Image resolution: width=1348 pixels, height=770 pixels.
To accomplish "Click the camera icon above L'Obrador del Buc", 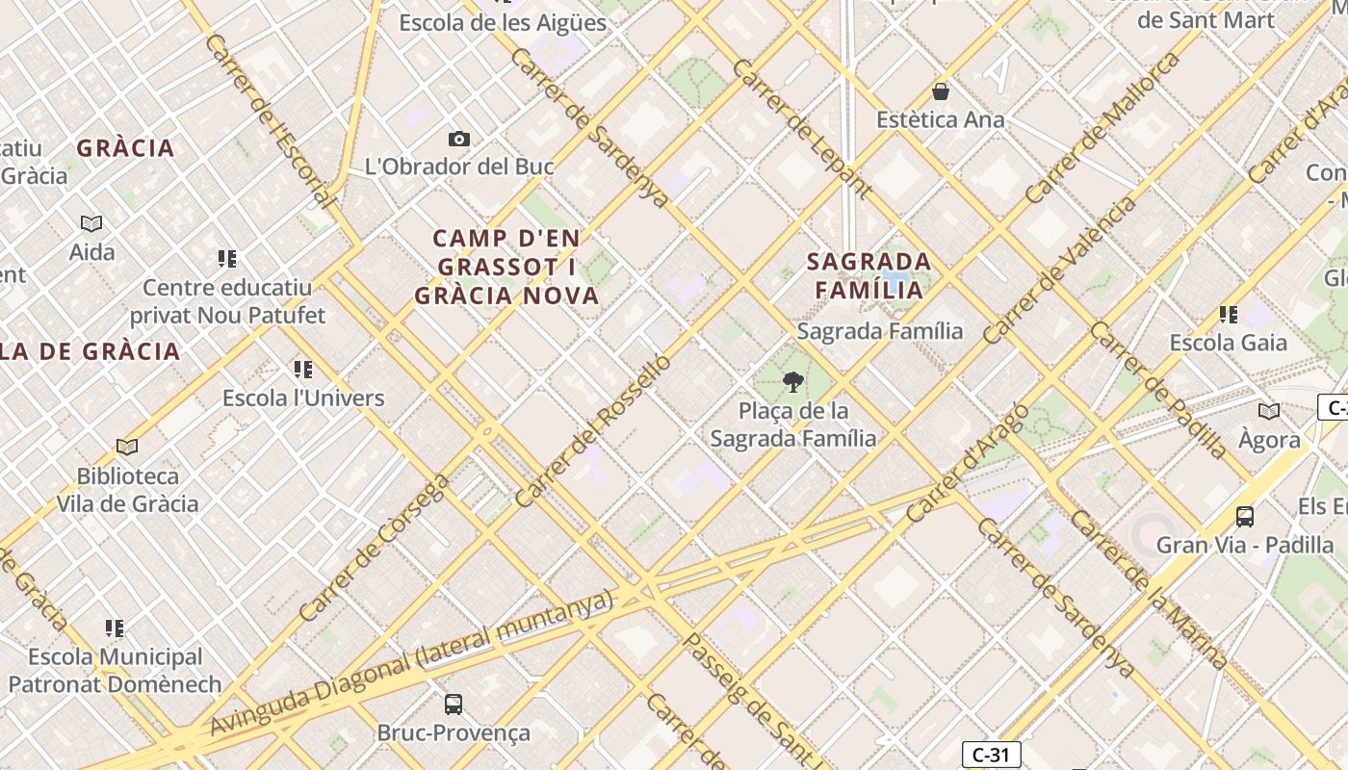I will [x=459, y=139].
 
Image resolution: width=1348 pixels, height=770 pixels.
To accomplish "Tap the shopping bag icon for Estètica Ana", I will [x=941, y=91].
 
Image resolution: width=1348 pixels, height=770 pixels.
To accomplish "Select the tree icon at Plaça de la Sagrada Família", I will [x=792, y=382].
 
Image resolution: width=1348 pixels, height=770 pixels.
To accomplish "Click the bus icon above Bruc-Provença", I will [x=454, y=704].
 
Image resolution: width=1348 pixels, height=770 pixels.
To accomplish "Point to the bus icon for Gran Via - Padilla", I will [x=1245, y=516].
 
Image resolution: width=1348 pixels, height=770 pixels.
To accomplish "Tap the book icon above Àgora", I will [x=1269, y=411].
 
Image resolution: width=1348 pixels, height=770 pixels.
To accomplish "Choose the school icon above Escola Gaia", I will [x=1228, y=314].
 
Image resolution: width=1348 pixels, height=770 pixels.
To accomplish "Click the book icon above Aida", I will [x=91, y=223].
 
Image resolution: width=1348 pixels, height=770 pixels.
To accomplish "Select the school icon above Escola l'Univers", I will [x=303, y=369].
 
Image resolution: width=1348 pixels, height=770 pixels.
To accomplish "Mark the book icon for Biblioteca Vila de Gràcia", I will [x=127, y=447].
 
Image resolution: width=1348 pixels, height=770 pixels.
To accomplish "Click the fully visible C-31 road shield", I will [x=991, y=755].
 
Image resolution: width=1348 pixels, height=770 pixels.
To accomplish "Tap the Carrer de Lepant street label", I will [x=801, y=128].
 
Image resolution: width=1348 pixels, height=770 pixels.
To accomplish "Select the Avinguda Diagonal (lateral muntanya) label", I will [x=412, y=663].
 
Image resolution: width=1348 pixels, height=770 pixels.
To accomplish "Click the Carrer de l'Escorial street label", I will [x=270, y=120].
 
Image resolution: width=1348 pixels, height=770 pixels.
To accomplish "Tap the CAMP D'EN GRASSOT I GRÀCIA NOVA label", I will [x=507, y=267].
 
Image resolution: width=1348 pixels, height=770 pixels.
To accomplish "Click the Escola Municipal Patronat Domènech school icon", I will [x=115, y=629].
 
